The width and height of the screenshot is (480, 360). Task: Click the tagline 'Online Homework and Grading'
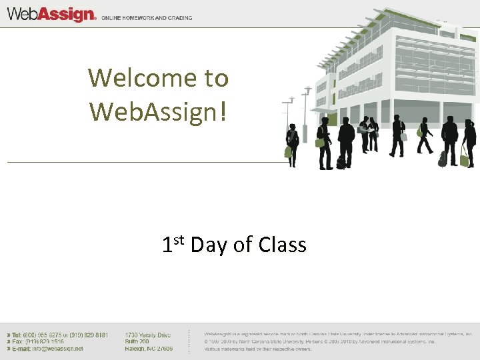pyautogui.click(x=147, y=18)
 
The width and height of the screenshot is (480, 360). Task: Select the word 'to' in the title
pyautogui.click(x=216, y=78)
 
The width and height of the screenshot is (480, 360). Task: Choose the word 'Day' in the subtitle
pyautogui.click(x=209, y=245)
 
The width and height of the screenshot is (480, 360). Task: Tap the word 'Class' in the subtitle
pyautogui.click(x=281, y=245)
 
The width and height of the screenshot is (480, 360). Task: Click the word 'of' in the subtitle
pyautogui.click(x=243, y=245)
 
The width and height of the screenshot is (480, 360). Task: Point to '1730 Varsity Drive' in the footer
pyautogui.click(x=148, y=335)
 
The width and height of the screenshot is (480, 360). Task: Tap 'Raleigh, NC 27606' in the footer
pyautogui.click(x=149, y=349)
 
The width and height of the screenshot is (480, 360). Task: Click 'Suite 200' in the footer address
pyautogui.click(x=137, y=341)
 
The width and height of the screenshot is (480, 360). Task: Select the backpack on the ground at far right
pyautogui.click(x=442, y=159)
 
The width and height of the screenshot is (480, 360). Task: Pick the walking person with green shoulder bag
pyautogui.click(x=424, y=135)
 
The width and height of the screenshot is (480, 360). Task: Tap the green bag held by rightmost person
pyautogui.click(x=464, y=157)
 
